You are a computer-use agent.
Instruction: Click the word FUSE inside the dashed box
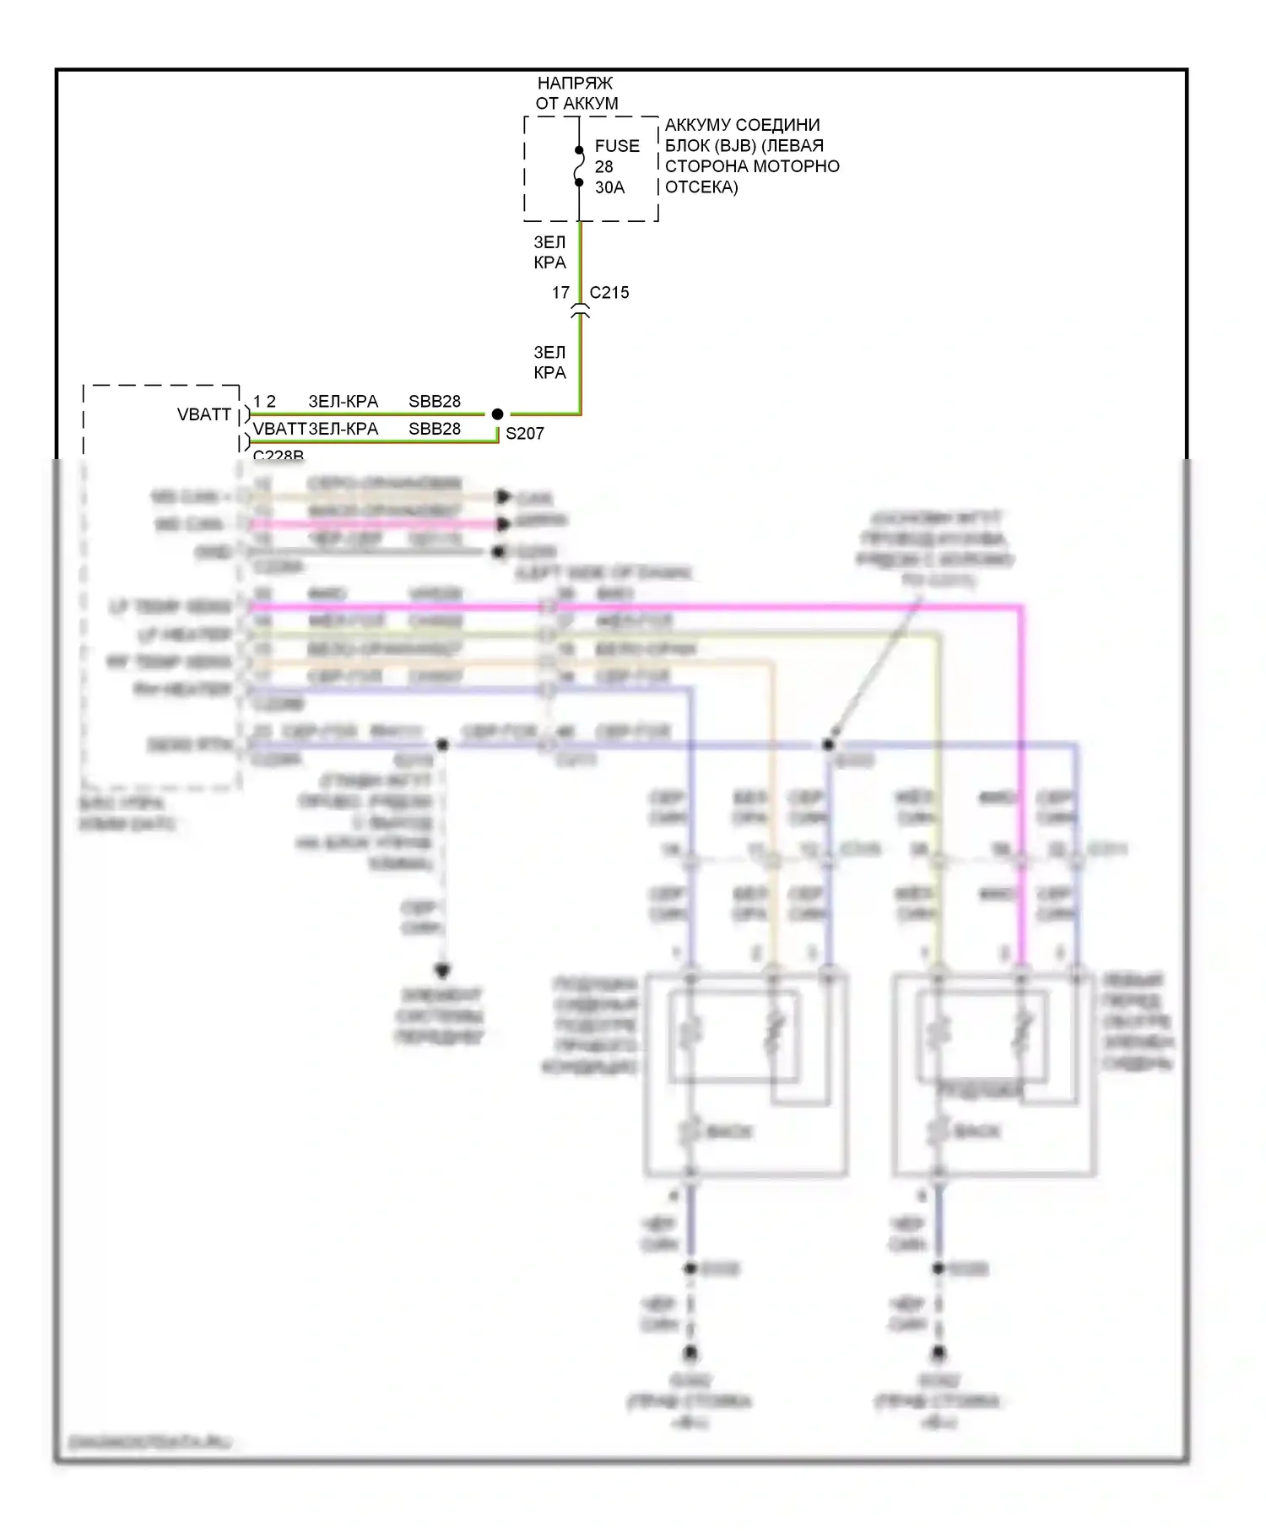617,146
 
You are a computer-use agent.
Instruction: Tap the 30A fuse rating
609,187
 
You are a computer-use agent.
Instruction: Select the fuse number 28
603,167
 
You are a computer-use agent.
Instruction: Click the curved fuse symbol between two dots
579,166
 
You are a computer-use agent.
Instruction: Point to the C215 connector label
609,293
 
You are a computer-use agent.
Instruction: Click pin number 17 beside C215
560,293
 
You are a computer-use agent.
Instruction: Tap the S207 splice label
524,434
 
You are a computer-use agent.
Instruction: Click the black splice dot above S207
497,414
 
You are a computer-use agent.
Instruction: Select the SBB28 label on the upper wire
435,402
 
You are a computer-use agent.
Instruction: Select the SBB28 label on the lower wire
435,429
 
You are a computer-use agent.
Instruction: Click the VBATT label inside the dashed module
204,414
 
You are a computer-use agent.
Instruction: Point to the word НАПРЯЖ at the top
575,84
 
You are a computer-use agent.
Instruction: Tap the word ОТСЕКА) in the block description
701,187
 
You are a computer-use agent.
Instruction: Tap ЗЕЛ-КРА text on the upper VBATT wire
343,402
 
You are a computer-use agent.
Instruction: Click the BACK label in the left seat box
728,1132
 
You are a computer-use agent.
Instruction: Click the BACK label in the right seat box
977,1132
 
